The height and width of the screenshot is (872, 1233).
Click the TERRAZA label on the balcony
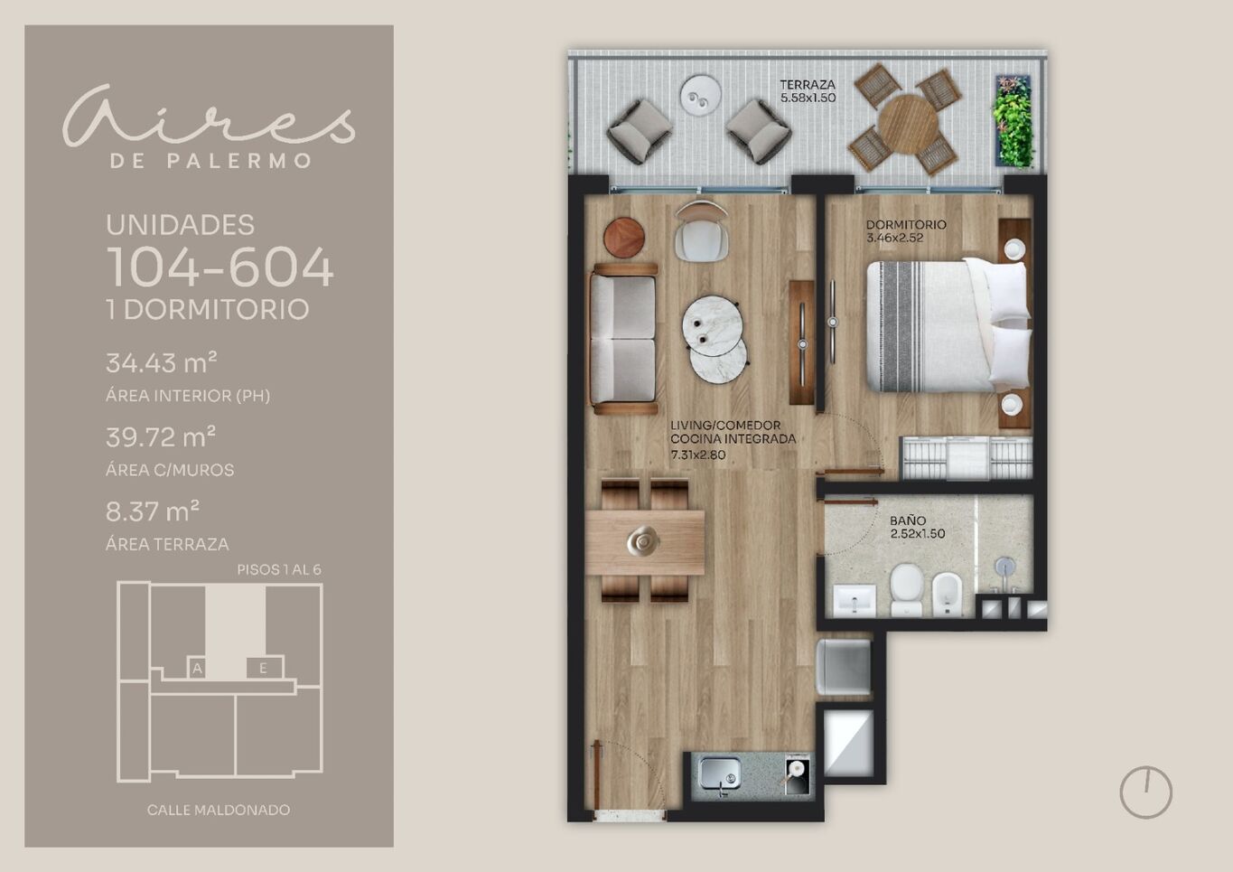tap(808, 85)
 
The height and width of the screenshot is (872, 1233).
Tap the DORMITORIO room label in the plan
tap(906, 225)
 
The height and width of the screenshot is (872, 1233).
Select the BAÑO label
tap(908, 520)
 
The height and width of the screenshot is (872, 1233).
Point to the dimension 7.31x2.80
tap(698, 455)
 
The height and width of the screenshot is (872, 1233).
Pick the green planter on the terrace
tap(1013, 121)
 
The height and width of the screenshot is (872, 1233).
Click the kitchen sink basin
tap(719, 773)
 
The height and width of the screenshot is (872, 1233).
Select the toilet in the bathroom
tap(906, 589)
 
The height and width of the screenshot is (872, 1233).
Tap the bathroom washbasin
tap(855, 601)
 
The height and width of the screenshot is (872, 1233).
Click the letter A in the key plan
tap(197, 669)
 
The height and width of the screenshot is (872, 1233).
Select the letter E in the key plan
tap(263, 669)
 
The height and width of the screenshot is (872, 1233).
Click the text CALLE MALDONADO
tap(219, 810)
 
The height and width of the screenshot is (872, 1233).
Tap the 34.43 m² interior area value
tap(162, 362)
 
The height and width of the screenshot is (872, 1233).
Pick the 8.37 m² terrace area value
tap(153, 511)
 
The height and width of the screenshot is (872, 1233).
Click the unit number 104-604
tap(220, 267)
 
